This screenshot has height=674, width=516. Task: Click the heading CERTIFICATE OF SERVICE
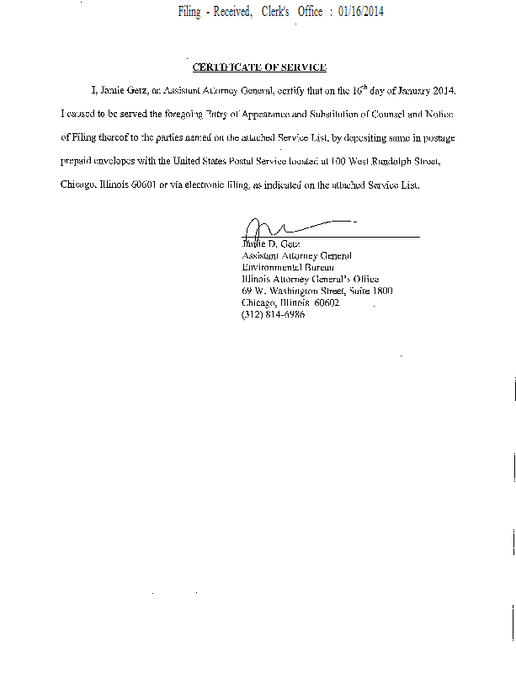(x=259, y=67)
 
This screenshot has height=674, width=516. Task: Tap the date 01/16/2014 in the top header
(x=360, y=13)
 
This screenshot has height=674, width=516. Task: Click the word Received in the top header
(x=229, y=13)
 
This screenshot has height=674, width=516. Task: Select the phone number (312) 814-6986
(x=273, y=314)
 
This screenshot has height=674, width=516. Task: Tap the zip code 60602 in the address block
(x=326, y=302)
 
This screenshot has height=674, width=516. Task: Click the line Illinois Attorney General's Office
(x=310, y=279)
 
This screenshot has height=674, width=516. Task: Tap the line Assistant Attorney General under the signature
(x=296, y=255)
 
